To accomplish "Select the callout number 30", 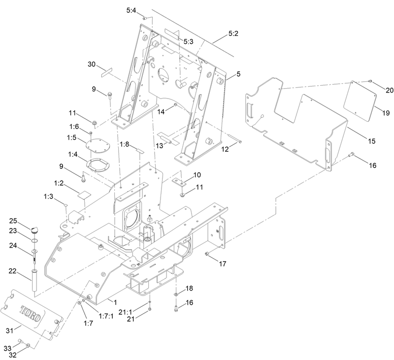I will [x=92, y=65].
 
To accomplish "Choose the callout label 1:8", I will [x=124, y=145].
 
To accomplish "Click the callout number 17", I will [x=223, y=264].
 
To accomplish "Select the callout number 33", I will [x=8, y=348].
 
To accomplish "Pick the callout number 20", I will [x=389, y=90].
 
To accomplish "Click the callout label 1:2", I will [x=59, y=183].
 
